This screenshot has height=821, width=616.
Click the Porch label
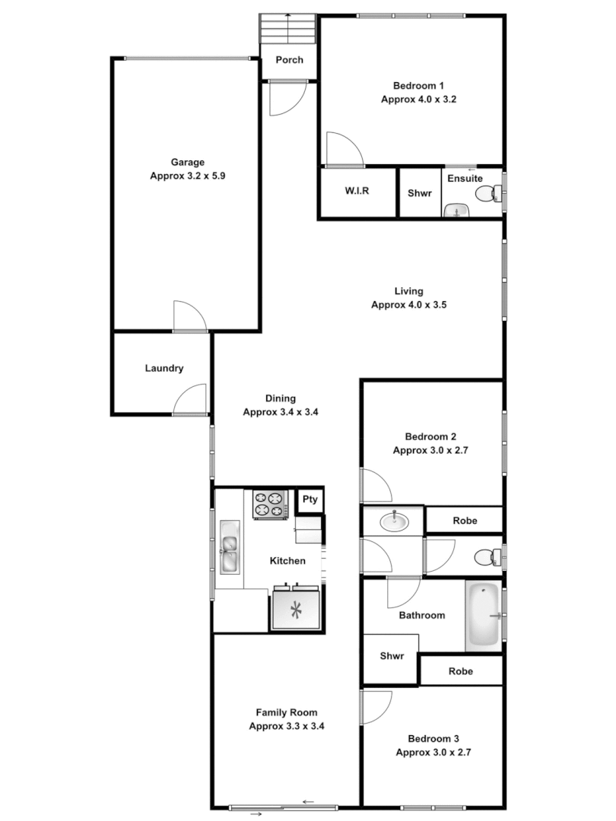click(x=289, y=60)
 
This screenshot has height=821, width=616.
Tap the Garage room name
click(x=188, y=162)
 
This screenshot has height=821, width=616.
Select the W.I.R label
click(x=357, y=192)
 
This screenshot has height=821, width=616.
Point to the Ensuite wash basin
click(x=456, y=210)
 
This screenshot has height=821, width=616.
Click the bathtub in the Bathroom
click(x=484, y=616)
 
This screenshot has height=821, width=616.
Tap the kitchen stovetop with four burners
click(x=270, y=503)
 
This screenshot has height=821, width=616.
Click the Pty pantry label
click(x=310, y=499)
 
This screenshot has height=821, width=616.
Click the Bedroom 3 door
click(x=376, y=706)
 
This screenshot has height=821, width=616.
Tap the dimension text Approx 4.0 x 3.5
click(x=408, y=305)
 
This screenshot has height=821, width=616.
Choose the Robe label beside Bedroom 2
click(x=464, y=521)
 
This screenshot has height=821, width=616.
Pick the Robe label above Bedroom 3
click(x=461, y=671)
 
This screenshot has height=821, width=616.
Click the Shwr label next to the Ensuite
click(x=420, y=193)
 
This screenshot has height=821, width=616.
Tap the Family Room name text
click(x=286, y=712)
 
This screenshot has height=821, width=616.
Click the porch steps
click(x=288, y=31)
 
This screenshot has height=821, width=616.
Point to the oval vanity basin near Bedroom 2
click(x=393, y=521)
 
